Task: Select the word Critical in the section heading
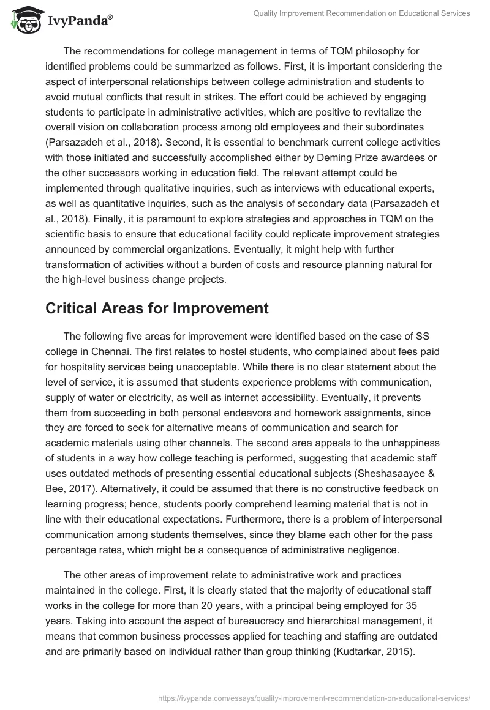click(x=71, y=308)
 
